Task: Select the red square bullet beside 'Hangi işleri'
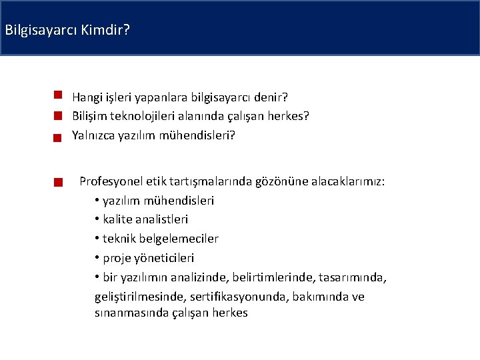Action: (59, 96)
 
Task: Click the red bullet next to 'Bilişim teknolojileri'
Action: (59, 115)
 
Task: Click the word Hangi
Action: (87, 97)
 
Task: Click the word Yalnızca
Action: (95, 135)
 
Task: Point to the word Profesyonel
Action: (110, 181)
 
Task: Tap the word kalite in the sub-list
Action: (118, 219)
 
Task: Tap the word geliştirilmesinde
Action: (141, 297)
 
